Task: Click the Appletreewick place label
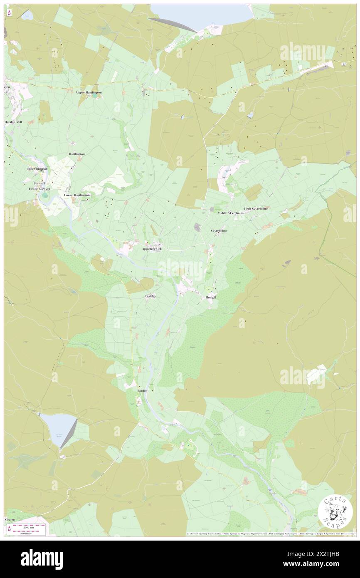pos(152,249)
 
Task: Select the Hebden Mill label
pos(13,122)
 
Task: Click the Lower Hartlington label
pos(77,195)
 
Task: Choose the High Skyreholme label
pos(256,208)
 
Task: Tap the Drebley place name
pos(151,296)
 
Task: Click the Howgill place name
pos(211,298)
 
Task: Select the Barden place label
pos(143,391)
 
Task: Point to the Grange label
pos(10,520)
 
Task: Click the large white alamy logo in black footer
pos(42,559)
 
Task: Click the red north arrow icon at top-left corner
pos(9,12)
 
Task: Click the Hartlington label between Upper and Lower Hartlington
pos(76,154)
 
